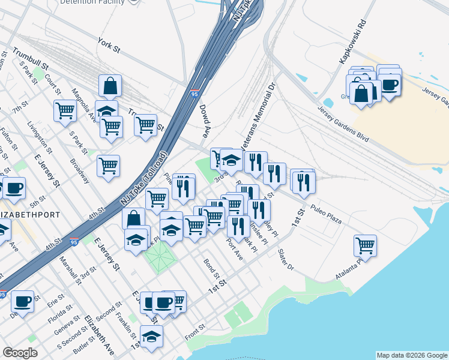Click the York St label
pos(113,43)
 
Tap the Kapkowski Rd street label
pos(352,43)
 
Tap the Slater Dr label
pos(286,260)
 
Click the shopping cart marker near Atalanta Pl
pos(365,244)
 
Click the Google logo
pos(20,353)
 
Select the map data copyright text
pos(412,355)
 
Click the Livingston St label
pos(41,136)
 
